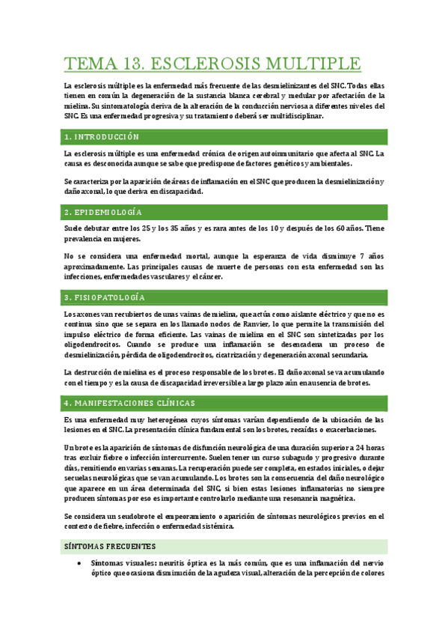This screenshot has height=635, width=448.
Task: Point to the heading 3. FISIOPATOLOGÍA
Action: pos(105,298)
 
